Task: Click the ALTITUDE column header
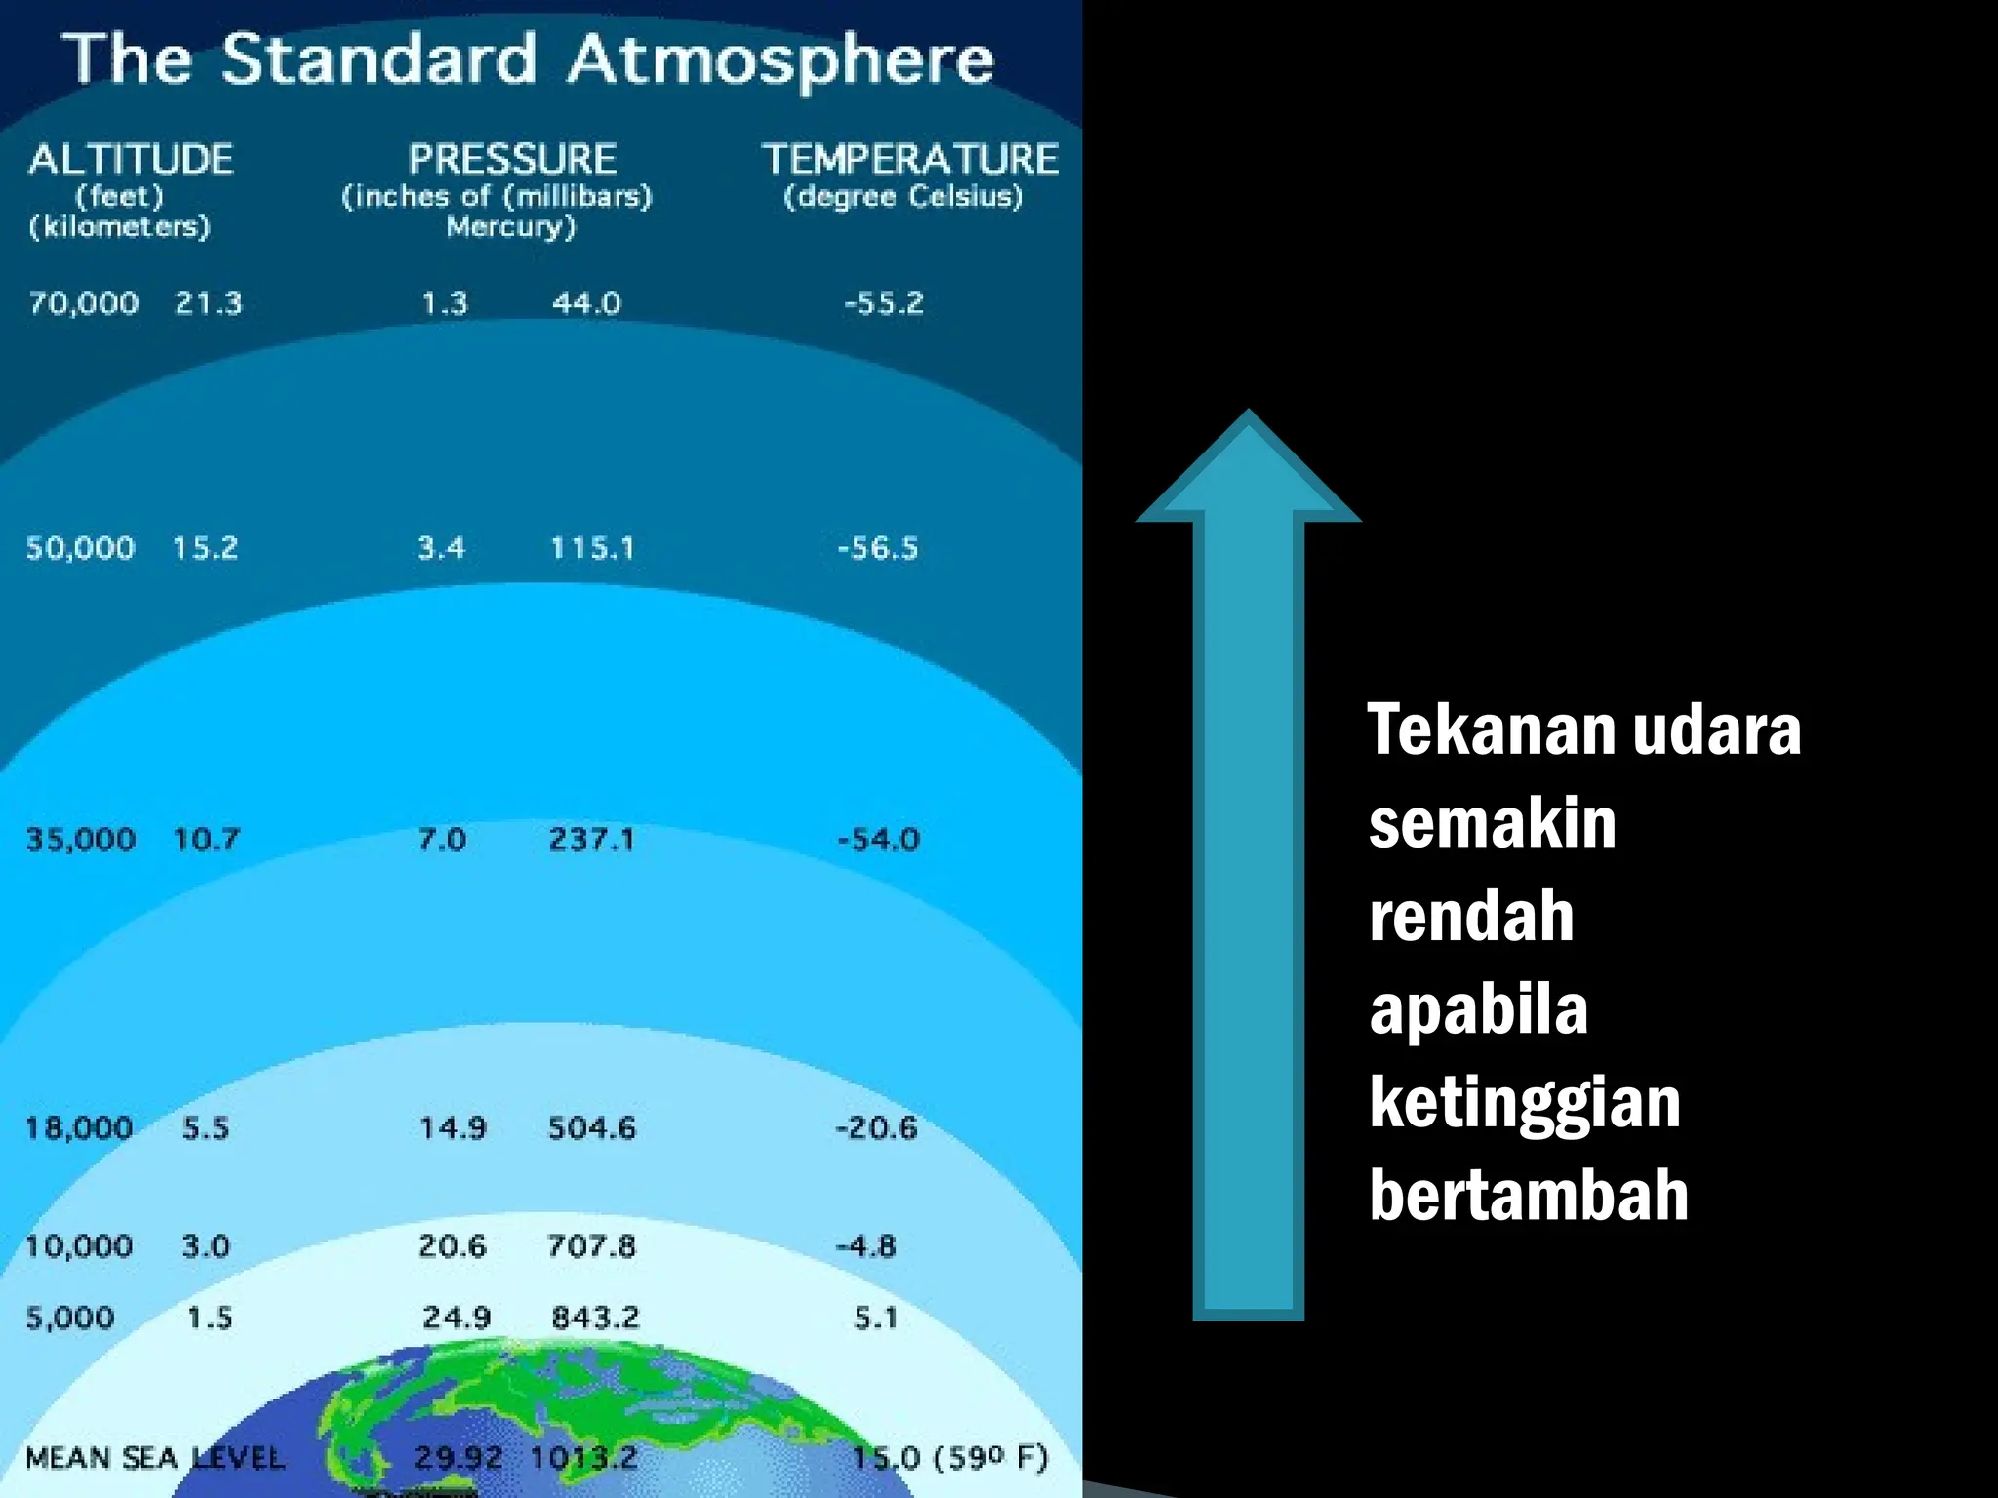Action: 131,160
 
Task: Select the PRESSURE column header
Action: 512,160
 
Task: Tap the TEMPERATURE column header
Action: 909,160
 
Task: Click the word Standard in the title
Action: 379,60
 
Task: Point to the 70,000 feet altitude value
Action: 83,303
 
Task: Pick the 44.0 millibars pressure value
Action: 586,303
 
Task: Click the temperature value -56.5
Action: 878,548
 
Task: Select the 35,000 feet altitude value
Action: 80,840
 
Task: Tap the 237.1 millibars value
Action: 591,840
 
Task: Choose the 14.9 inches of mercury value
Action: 452,1128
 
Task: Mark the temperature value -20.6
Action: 876,1128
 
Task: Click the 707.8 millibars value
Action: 591,1246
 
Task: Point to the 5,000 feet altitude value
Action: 69,1319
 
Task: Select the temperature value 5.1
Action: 875,1319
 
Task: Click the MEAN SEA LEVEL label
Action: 155,1458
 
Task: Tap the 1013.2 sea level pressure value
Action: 583,1458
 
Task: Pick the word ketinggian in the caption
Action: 1524,1103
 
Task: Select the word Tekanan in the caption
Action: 1492,730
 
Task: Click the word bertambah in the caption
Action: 1528,1196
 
